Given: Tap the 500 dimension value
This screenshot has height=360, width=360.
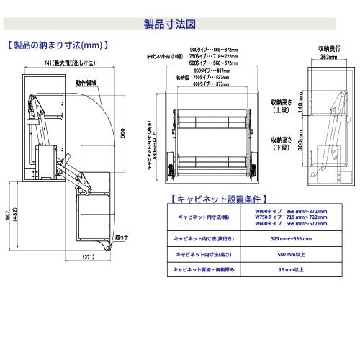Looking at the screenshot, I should click(x=123, y=134).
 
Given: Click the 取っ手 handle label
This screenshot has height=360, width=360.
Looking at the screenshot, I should click(x=121, y=236).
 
